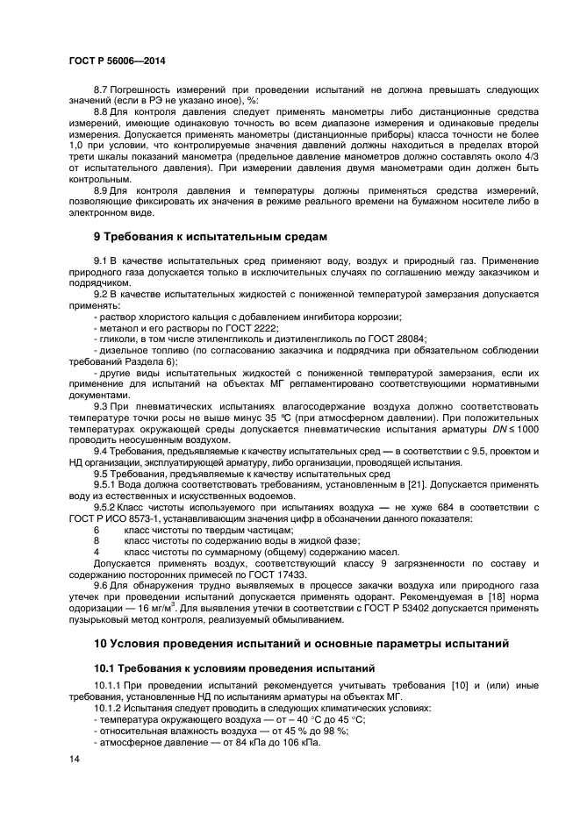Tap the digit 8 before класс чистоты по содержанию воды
pyautogui.click(x=97, y=540)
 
